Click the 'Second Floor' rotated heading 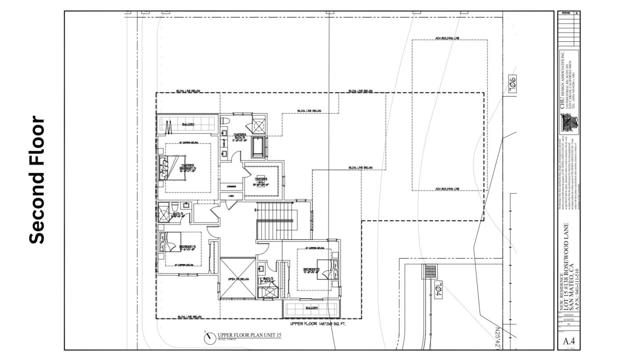38,181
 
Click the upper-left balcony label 186,126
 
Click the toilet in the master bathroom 228,125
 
